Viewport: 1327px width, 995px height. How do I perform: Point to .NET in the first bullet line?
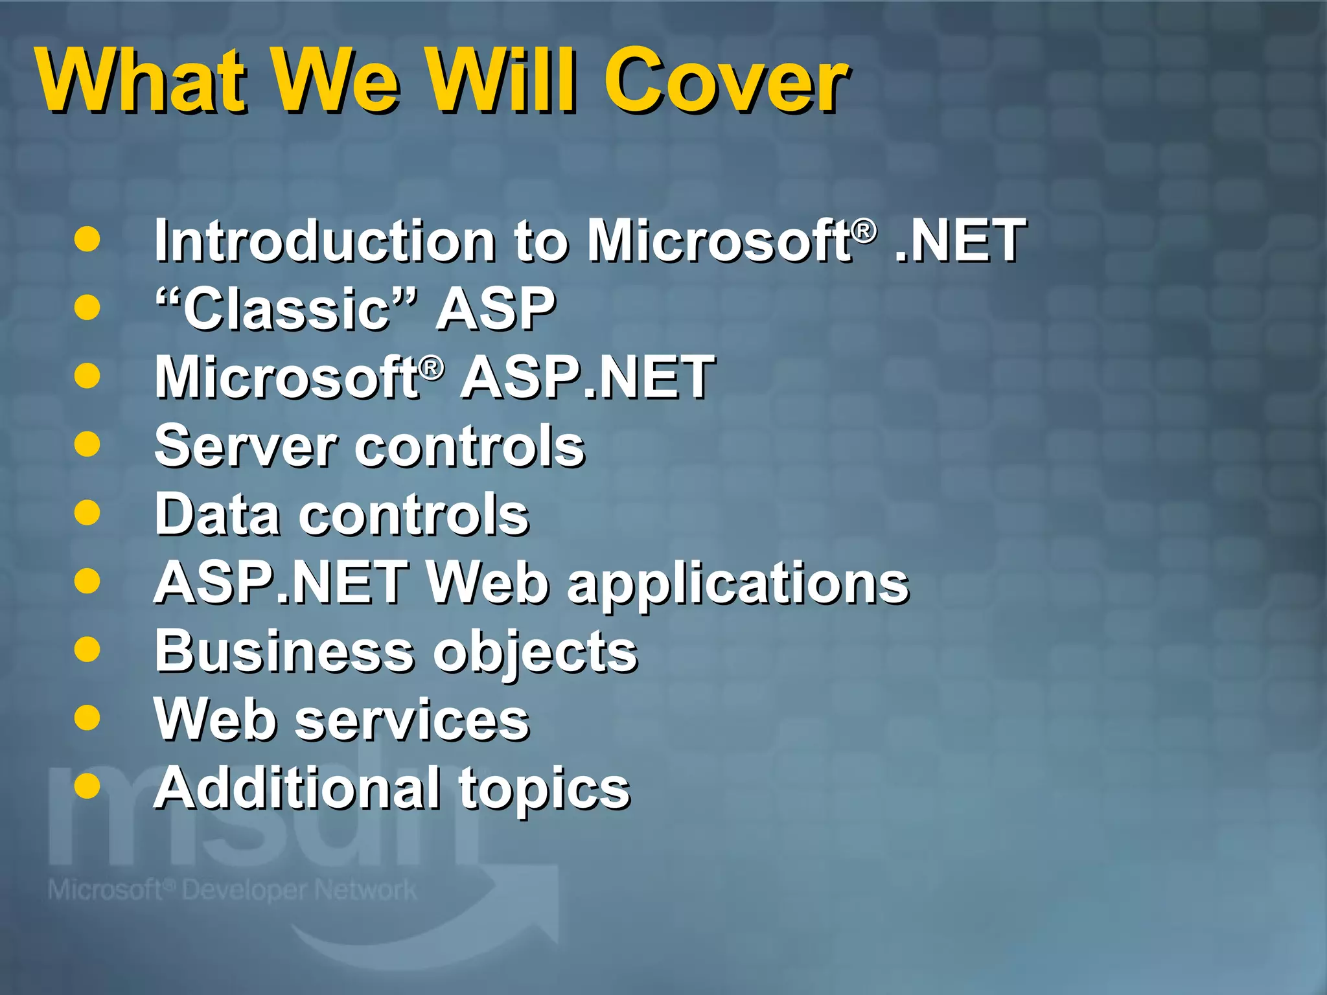959,241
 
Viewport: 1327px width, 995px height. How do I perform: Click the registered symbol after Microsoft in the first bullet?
864,230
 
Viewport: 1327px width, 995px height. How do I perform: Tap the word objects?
535,654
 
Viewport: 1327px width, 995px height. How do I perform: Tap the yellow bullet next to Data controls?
87,513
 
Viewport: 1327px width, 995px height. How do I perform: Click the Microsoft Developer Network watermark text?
232,890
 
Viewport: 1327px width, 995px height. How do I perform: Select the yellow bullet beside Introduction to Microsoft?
87,238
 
